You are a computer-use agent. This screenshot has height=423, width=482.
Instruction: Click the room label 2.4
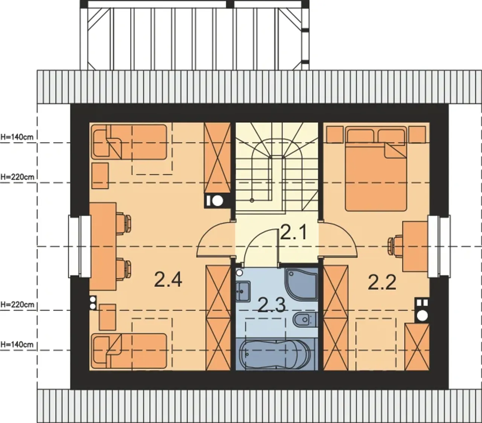(x=168, y=280)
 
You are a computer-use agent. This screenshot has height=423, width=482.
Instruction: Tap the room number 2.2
(x=382, y=282)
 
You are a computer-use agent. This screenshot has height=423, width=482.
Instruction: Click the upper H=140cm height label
(x=17, y=137)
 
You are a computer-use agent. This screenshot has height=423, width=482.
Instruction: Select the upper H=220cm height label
(x=17, y=177)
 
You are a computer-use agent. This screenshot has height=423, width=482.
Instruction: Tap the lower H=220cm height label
(x=17, y=304)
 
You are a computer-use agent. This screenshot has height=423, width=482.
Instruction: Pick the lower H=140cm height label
(x=17, y=345)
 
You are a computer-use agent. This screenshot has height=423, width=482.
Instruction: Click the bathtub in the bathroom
(x=275, y=354)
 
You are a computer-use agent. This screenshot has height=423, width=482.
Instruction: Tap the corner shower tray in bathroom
(x=302, y=285)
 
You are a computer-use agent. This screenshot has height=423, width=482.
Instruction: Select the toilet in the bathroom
(x=305, y=320)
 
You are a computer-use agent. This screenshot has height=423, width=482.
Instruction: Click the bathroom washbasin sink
(x=243, y=291)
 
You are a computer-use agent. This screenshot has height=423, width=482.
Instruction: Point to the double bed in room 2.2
(x=376, y=169)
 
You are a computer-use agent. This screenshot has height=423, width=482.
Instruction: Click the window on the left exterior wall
(x=80, y=246)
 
